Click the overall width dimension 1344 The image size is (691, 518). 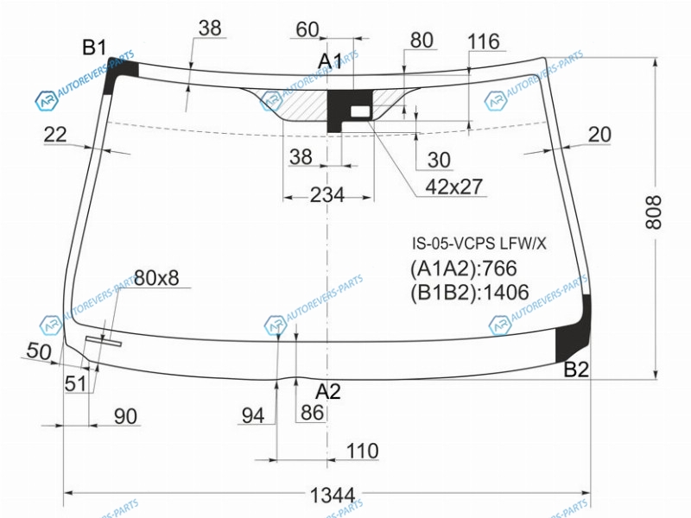(x=333, y=495)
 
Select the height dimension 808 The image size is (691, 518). (x=654, y=212)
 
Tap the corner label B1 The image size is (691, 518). (x=94, y=47)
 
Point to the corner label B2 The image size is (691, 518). (x=576, y=370)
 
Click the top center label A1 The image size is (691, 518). (x=330, y=61)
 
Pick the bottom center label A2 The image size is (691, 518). (x=328, y=391)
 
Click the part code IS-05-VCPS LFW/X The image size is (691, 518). (x=479, y=243)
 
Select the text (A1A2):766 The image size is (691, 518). (x=463, y=268)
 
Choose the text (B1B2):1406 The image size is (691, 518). (x=469, y=292)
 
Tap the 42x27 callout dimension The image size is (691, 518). (x=454, y=186)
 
